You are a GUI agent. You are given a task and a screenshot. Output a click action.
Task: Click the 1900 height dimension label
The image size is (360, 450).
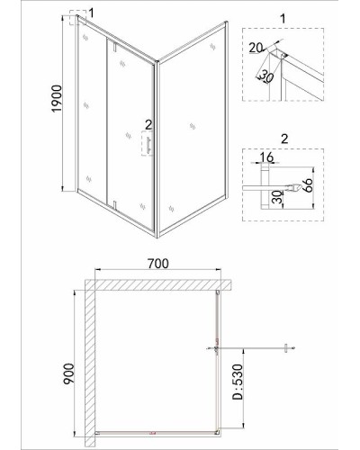(57, 98)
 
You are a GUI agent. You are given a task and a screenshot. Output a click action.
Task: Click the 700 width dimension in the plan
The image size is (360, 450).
(158, 264)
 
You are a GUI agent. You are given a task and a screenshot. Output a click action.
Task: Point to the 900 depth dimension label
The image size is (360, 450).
(68, 373)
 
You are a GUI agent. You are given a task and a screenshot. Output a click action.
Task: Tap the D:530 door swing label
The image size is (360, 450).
(238, 382)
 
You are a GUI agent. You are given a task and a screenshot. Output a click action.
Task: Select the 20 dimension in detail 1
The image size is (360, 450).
(256, 48)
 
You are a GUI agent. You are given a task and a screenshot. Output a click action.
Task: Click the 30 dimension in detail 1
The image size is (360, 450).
(266, 76)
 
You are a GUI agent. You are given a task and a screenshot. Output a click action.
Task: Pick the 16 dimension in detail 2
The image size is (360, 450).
(266, 157)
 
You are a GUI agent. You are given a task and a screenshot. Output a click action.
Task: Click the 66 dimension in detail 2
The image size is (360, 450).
(308, 185)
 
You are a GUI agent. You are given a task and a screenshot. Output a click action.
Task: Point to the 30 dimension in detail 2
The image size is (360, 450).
(279, 197)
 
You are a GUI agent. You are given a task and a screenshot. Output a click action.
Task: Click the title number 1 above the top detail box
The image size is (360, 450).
(283, 19)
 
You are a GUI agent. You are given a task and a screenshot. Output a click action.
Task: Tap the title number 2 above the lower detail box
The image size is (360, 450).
(284, 139)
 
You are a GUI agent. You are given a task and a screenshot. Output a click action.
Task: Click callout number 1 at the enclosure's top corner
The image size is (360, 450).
(91, 13)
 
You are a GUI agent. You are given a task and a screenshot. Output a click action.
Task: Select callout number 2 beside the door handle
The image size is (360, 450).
(148, 124)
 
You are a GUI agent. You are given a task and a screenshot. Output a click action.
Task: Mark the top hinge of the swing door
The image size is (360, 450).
(114, 47)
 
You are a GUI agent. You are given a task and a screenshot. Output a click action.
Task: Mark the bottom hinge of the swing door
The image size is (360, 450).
(114, 204)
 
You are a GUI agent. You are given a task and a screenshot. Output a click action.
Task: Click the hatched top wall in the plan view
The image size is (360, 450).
(158, 285)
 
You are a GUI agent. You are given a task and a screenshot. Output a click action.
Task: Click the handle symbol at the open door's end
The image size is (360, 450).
(286, 348)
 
